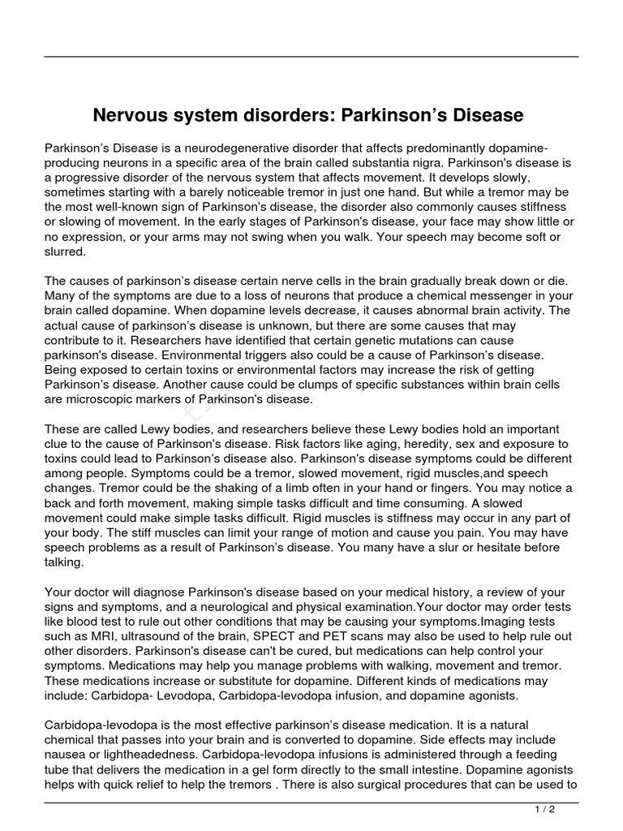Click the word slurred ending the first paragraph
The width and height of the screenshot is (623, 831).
(x=65, y=252)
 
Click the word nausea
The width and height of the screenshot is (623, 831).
(x=66, y=756)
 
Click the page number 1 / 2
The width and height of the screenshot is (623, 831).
(x=545, y=810)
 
